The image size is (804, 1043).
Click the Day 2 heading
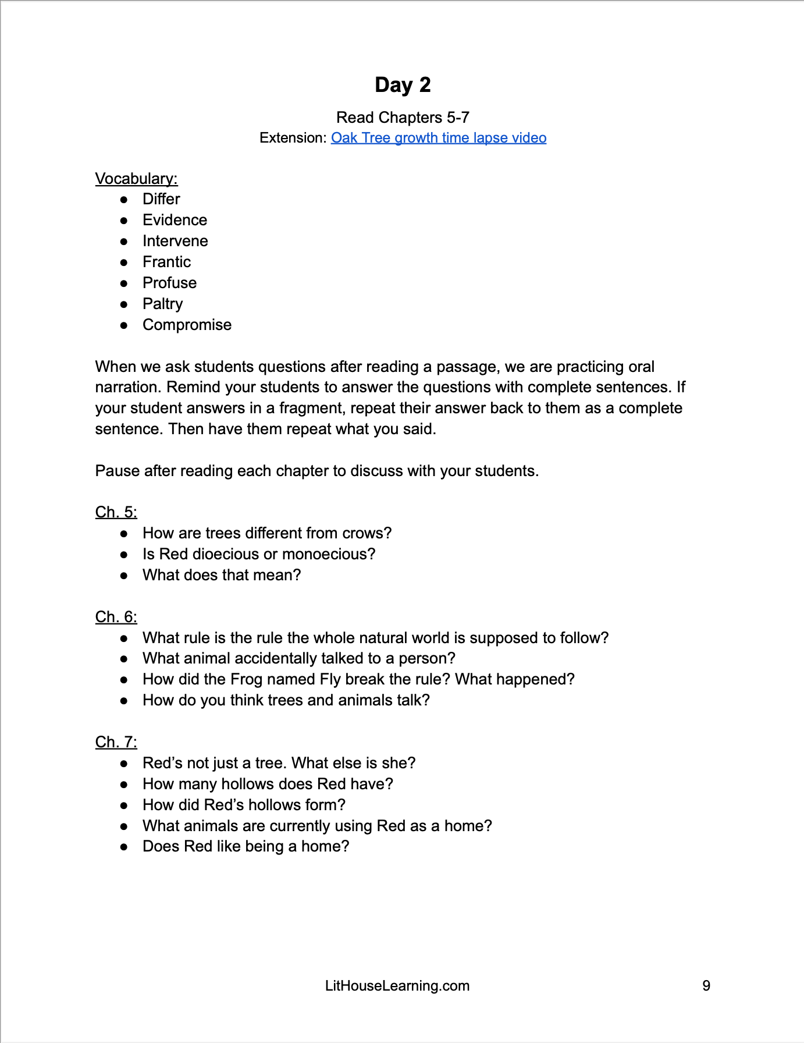click(403, 85)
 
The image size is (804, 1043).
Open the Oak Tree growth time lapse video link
click(439, 138)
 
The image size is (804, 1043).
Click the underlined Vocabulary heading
click(136, 179)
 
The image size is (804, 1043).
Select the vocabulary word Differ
click(161, 199)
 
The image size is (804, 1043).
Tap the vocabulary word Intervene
click(175, 241)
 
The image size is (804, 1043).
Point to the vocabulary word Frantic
click(166, 262)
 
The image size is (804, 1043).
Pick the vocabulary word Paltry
click(162, 304)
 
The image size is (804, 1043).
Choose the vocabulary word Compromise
click(187, 325)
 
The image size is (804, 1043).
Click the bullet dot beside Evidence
click(124, 221)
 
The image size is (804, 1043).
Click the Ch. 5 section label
click(116, 512)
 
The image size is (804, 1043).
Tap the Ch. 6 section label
click(116, 617)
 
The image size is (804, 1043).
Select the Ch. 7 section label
click(116, 742)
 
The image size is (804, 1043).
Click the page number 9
click(706, 986)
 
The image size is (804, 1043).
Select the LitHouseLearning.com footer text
click(397, 986)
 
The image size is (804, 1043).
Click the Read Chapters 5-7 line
click(403, 118)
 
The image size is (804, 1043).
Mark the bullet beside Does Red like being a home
click(124, 847)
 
